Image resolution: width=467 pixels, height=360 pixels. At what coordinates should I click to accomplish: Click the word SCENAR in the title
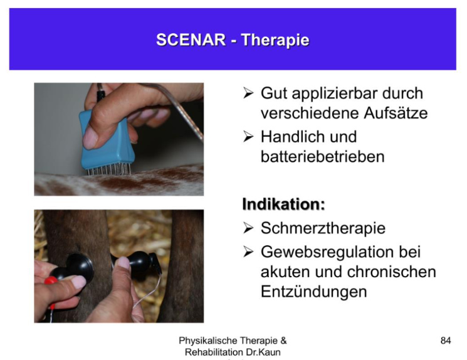[x=191, y=40]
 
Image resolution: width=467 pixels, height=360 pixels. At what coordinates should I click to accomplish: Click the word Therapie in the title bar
[x=275, y=40]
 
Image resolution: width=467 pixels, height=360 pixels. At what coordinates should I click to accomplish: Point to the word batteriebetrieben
[x=323, y=157]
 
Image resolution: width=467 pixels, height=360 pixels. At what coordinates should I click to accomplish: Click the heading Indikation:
[x=283, y=204]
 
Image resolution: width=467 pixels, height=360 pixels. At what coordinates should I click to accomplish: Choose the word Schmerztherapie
[x=323, y=228]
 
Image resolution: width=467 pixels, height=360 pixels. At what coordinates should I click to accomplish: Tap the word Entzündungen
[x=314, y=292]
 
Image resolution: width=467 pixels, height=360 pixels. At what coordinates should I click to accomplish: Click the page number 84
[x=446, y=341]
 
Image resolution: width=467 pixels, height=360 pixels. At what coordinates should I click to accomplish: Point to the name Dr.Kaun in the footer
[x=263, y=352]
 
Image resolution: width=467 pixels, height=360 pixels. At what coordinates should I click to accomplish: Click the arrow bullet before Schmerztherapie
[x=248, y=228]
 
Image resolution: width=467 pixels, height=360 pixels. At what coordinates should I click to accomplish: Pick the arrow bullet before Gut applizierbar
[x=248, y=93]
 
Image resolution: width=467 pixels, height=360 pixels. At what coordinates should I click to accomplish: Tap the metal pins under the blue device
[x=109, y=170]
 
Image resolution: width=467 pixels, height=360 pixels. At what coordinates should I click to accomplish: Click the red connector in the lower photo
[x=51, y=280]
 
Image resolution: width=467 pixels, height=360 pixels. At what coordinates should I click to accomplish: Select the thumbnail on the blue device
[x=90, y=138]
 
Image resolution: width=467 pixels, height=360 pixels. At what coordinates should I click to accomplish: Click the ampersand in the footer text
[x=283, y=341]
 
